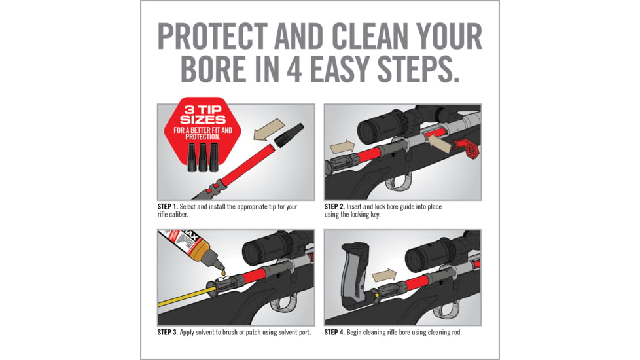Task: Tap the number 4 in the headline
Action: tap(294, 69)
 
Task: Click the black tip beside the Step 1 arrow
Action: tap(289, 135)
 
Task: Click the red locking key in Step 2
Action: tap(468, 149)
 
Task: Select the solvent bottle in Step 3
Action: tap(191, 249)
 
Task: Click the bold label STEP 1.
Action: tap(168, 207)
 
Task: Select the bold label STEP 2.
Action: tap(334, 207)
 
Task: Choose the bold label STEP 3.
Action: tap(168, 333)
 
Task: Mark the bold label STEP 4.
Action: tap(334, 333)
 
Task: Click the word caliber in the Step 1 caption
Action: tap(180, 215)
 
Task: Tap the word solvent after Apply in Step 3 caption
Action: tap(205, 333)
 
